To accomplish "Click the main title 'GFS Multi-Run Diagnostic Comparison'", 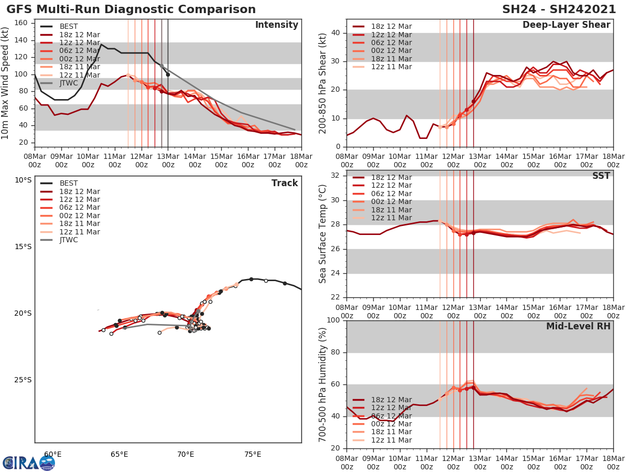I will [x=131, y=9].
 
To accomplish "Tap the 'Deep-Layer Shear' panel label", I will [x=566, y=25].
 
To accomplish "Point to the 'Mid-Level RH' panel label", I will [x=578, y=326].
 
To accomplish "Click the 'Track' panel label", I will [x=285, y=183].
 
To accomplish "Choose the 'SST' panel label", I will [x=601, y=176].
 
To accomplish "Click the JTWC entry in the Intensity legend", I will [x=71, y=83].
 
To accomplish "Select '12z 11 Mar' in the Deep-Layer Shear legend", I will [x=391, y=67].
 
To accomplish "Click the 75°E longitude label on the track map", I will [x=253, y=455].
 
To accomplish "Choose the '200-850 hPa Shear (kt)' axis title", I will [x=323, y=83].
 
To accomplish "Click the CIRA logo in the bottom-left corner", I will [x=28, y=463].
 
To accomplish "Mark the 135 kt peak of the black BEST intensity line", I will [x=101, y=45].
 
